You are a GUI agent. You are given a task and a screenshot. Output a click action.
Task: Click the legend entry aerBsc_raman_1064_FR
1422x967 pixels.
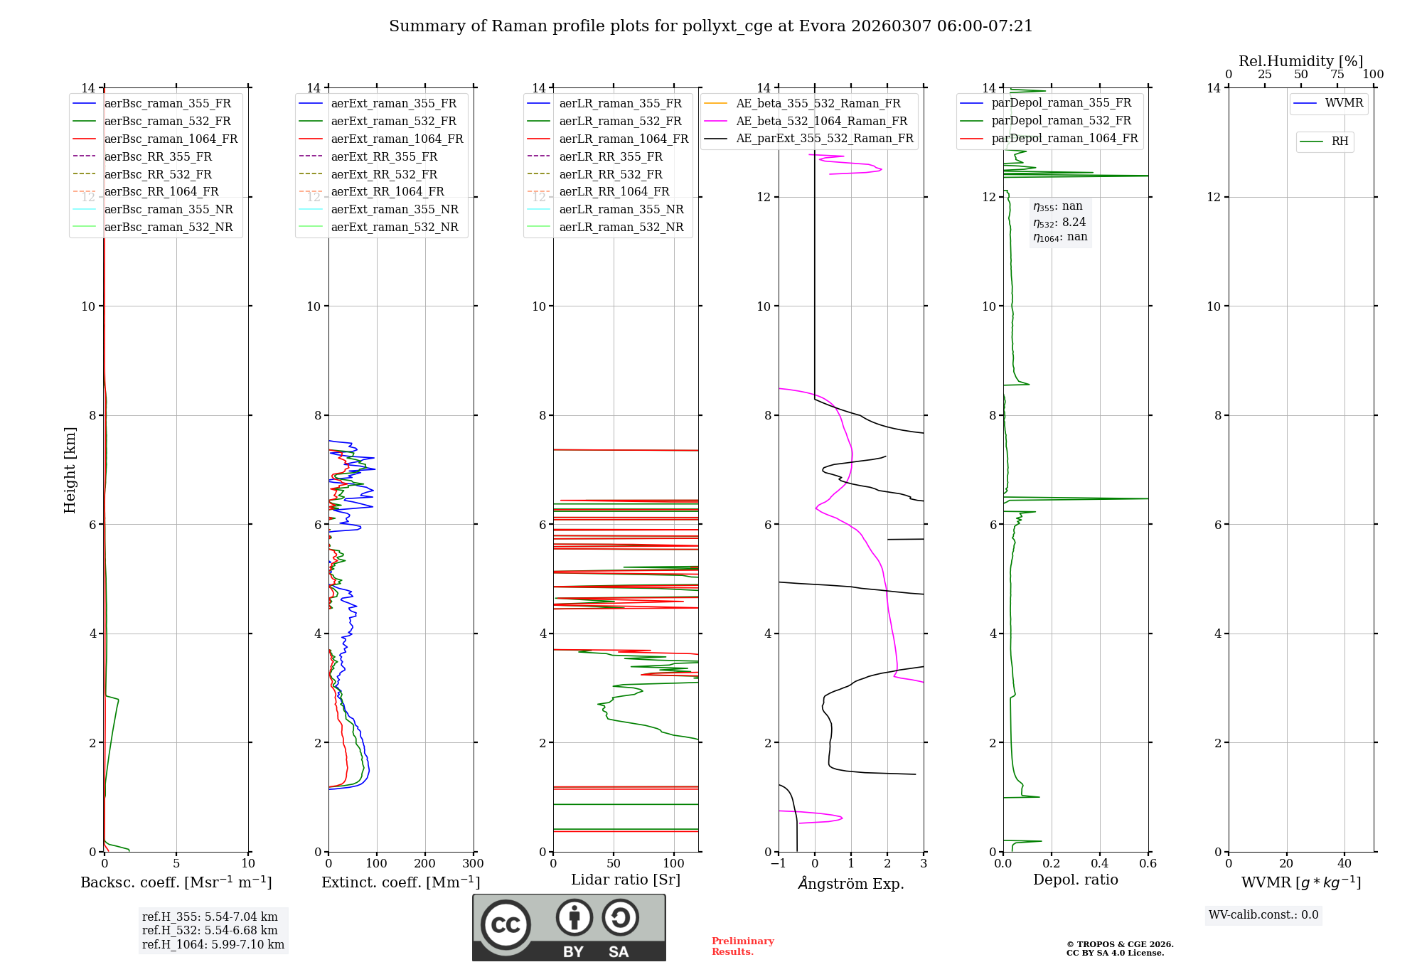coord(171,139)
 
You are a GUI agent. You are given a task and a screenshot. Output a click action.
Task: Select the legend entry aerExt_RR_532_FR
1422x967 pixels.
coord(384,175)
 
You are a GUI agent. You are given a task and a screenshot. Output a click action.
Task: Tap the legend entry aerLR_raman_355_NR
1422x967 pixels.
coord(621,210)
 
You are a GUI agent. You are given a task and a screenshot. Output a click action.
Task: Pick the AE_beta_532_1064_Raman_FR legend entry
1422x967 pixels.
coord(821,122)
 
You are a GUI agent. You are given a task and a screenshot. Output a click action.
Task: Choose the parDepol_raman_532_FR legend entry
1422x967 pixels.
coord(1061,121)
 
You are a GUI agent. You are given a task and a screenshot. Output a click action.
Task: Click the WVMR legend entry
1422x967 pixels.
coord(1344,104)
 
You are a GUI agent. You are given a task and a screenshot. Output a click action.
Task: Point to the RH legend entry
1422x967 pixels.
coord(1340,142)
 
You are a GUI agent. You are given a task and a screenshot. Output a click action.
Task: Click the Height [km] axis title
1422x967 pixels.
coord(70,470)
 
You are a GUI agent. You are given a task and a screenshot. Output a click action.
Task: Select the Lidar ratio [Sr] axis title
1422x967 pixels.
coord(626,880)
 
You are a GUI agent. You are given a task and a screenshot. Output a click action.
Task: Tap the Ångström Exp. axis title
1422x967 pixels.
coord(851,884)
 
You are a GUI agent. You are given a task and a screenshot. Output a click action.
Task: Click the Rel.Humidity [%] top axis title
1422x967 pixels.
coord(1300,61)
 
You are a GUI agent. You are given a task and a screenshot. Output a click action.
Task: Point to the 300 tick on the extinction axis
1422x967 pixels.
coord(474,864)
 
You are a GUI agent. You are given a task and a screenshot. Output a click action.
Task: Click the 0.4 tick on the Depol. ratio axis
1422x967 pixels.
coord(1100,864)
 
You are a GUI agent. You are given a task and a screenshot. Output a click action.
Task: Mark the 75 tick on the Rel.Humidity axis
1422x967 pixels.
coord(1337,75)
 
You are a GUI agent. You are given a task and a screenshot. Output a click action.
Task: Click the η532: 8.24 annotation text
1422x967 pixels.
coord(1059,223)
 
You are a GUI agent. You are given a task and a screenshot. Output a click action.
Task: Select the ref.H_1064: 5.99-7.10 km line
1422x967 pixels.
coord(213,945)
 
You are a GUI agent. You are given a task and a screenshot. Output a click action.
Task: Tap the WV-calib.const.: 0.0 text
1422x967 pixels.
coord(1263,915)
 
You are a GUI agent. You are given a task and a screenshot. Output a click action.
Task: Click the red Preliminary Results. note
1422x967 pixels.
coord(742,946)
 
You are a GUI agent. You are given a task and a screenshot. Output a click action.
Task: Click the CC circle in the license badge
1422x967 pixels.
coord(506,925)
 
